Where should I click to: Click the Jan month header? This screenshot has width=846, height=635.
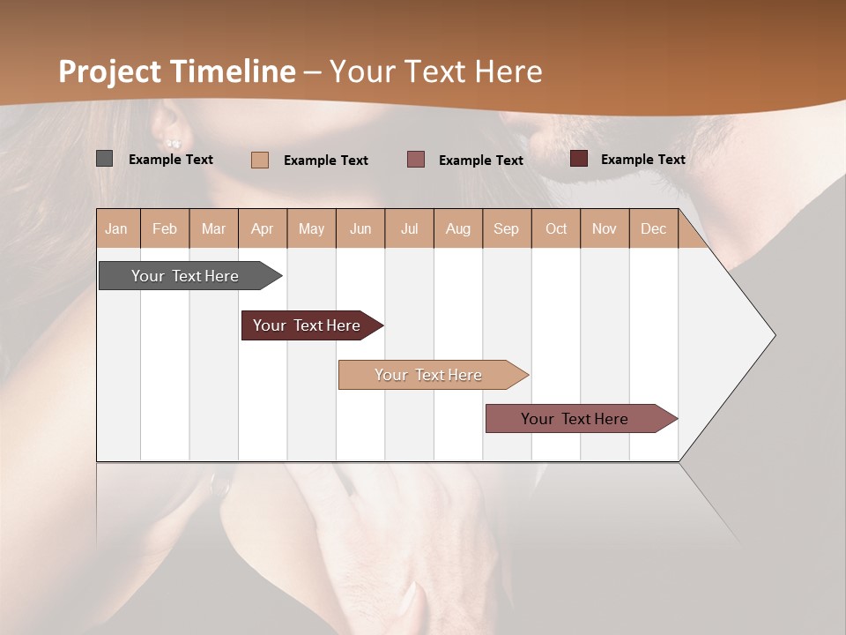(117, 228)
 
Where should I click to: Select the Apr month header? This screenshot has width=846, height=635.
(263, 228)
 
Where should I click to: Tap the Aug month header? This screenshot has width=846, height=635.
(458, 228)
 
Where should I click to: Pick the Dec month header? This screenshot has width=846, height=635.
(653, 228)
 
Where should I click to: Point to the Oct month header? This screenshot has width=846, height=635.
(556, 228)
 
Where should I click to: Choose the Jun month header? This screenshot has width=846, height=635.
(360, 228)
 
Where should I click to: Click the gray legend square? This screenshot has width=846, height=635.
(104, 159)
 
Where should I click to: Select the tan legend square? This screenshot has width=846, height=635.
(260, 160)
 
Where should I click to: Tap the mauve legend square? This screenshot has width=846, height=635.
(416, 160)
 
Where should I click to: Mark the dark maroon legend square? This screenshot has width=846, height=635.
(579, 159)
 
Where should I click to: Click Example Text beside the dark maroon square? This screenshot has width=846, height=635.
(642, 159)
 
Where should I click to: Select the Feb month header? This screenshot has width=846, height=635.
(165, 228)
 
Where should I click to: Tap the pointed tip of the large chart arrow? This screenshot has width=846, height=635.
(774, 335)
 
